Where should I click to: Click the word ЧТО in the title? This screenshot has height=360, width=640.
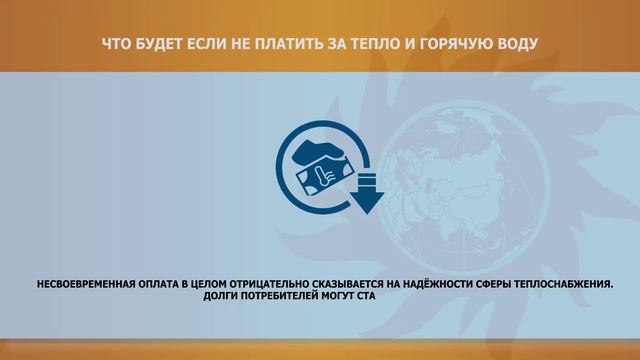[x=117, y=45]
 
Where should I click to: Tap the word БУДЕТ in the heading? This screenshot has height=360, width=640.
[x=159, y=45]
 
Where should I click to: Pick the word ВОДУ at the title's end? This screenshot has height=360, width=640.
[x=513, y=45]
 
